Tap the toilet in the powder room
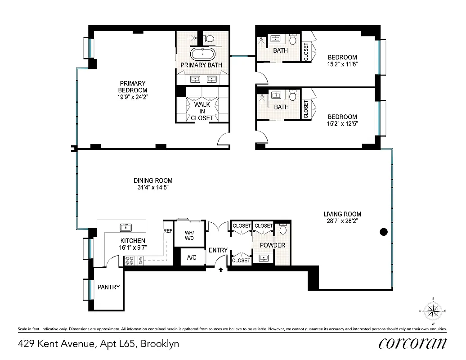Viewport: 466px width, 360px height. coord(283,230)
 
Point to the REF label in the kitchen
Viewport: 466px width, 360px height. coord(168,230)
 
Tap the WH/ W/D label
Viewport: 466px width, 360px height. coord(189,235)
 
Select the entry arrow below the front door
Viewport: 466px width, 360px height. coord(221,270)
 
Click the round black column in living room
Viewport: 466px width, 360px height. coord(384,232)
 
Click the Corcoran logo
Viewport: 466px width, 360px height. coord(413,343)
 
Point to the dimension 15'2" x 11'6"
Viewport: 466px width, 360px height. coord(342,64)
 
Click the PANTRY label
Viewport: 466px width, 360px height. coord(109,287)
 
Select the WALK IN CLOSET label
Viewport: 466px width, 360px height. coord(202,111)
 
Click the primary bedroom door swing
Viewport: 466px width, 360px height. coord(224,140)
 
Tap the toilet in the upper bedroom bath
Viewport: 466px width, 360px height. coord(293,40)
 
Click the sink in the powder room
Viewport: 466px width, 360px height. coord(264,258)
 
